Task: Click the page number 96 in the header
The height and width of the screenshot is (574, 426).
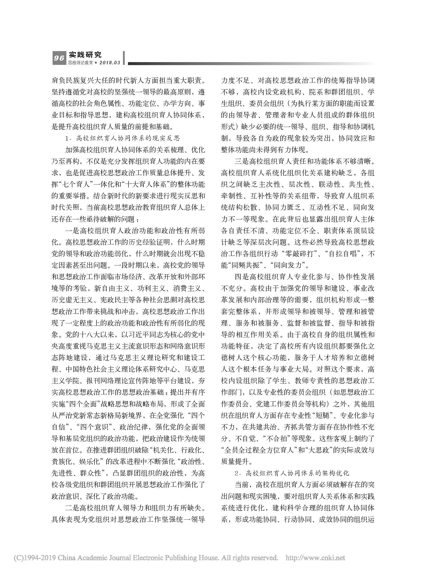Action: (59, 58)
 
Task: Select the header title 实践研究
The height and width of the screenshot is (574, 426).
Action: (85, 55)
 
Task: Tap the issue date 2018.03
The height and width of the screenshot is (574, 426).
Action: (110, 63)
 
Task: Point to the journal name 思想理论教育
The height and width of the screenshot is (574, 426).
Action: (80, 63)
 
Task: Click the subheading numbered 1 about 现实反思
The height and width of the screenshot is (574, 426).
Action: (122, 138)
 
